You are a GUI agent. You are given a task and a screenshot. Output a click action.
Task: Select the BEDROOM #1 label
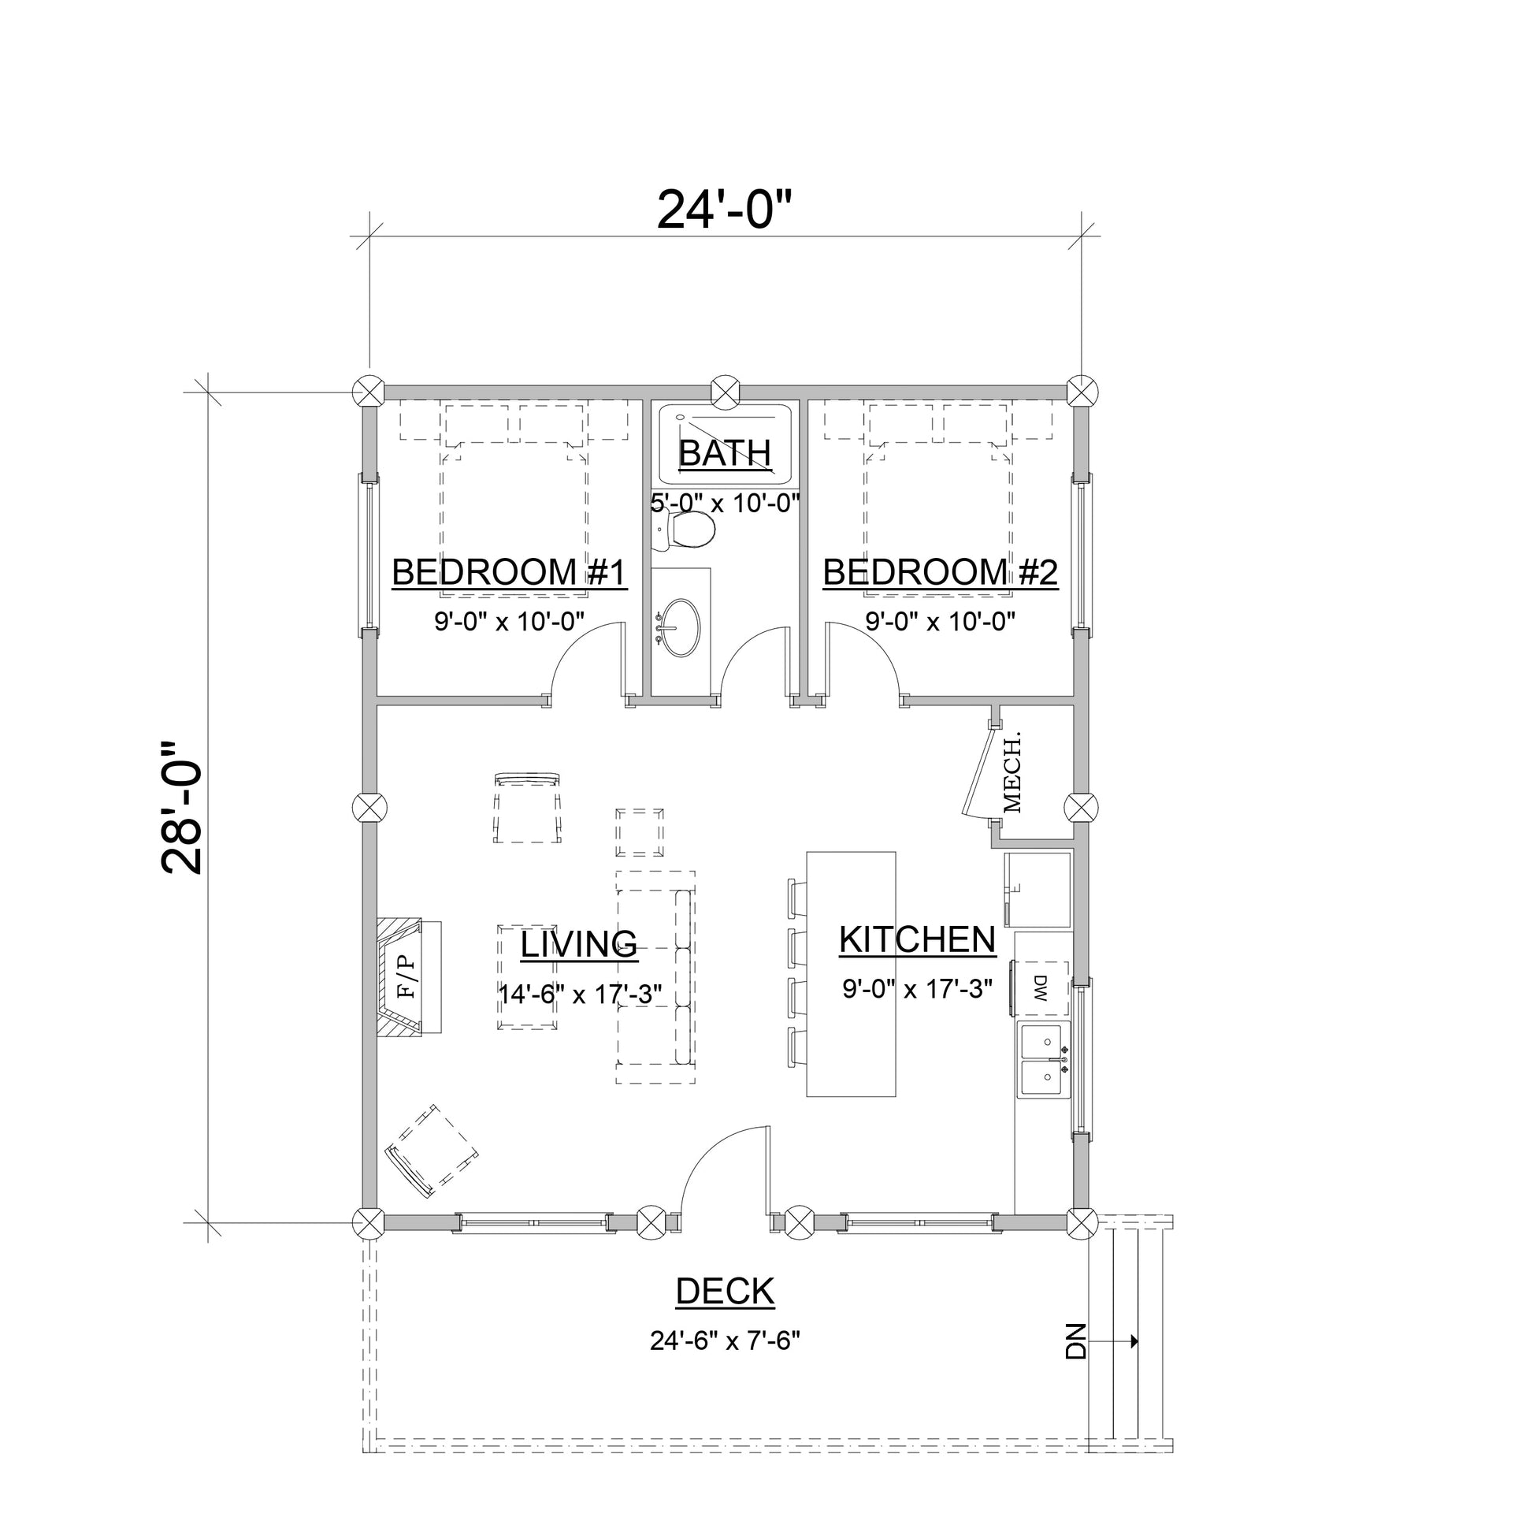(x=510, y=572)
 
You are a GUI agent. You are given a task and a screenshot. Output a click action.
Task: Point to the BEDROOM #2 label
(x=941, y=572)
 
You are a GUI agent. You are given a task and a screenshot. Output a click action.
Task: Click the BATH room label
(x=725, y=453)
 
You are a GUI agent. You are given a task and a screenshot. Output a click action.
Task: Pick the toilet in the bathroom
(x=687, y=530)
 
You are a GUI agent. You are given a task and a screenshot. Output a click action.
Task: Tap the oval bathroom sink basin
(x=681, y=628)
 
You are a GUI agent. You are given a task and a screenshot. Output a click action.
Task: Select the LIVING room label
(x=578, y=944)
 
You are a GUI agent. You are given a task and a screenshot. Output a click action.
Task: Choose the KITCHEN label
(x=917, y=940)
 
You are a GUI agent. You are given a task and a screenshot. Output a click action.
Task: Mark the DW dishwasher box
(x=1041, y=988)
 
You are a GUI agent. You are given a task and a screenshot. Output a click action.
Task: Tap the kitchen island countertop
(x=851, y=974)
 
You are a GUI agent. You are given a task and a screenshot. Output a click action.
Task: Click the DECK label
(x=725, y=1292)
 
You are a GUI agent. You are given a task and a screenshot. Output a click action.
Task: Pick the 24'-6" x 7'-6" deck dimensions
(x=725, y=1340)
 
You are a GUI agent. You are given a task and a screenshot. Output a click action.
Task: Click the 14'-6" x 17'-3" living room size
(x=579, y=994)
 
